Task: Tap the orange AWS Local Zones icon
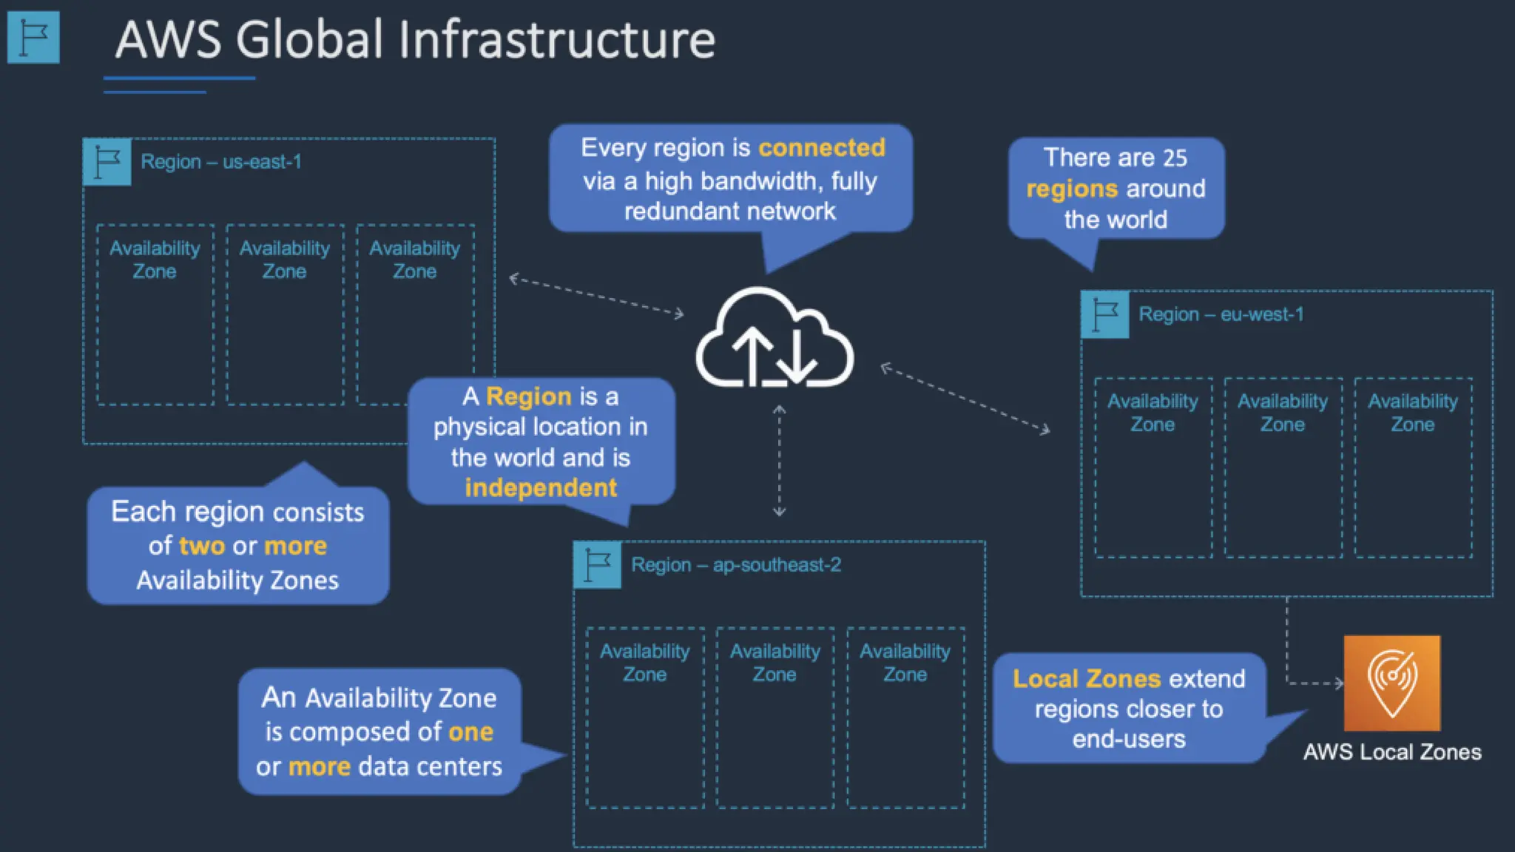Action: click(x=1391, y=683)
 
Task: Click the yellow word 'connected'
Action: click(x=821, y=148)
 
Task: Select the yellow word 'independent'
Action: click(x=540, y=488)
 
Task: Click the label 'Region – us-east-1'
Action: click(x=221, y=162)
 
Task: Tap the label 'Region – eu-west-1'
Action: click(x=1221, y=314)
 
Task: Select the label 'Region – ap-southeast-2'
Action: click(x=736, y=565)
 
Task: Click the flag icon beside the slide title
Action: click(x=33, y=38)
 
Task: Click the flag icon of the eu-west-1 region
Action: click(x=1105, y=315)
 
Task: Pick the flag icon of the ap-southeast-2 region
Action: click(x=597, y=566)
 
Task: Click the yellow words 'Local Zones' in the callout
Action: click(x=1086, y=679)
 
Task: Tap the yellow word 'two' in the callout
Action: click(x=201, y=546)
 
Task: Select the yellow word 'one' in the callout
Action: click(x=470, y=732)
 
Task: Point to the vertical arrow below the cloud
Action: click(x=779, y=460)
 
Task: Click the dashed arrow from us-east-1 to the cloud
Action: click(x=596, y=297)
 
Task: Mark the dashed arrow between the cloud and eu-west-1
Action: click(x=965, y=398)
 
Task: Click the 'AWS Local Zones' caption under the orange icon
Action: click(x=1391, y=752)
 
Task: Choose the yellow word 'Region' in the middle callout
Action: click(x=528, y=397)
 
